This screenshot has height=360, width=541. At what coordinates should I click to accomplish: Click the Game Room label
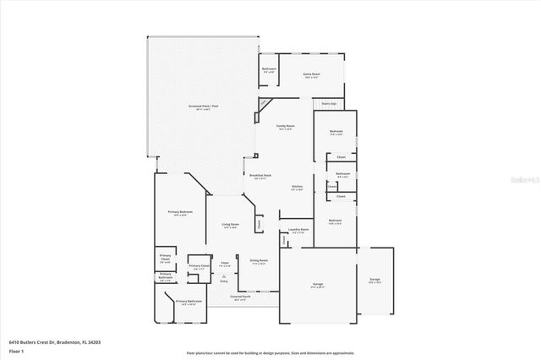pyautogui.click(x=312, y=74)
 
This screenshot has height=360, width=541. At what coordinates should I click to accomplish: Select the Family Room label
pyautogui.click(x=285, y=125)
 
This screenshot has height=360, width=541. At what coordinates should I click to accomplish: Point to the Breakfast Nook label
pyautogui.click(x=260, y=176)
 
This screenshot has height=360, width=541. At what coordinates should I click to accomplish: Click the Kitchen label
pyautogui.click(x=297, y=186)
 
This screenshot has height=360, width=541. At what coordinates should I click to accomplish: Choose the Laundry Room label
pyautogui.click(x=297, y=229)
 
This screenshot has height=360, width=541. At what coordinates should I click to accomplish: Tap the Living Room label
pyautogui.click(x=229, y=224)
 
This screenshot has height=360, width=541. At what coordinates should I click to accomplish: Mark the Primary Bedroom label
pyautogui.click(x=179, y=211)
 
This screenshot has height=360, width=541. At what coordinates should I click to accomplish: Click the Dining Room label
pyautogui.click(x=259, y=259)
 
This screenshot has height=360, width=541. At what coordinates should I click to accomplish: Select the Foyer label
pyautogui.click(x=225, y=264)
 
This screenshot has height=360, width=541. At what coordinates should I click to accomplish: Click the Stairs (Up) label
pyautogui.click(x=329, y=104)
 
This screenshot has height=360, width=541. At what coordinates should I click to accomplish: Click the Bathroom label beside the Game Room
pyautogui.click(x=269, y=68)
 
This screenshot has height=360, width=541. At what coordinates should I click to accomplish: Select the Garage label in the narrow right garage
pyautogui.click(x=374, y=279)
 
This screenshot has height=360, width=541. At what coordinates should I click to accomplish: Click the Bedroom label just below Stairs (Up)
pyautogui.click(x=336, y=131)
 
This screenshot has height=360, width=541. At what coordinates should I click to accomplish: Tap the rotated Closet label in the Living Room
pyautogui.click(x=258, y=224)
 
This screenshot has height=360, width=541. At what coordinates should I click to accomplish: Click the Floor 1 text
pyautogui.click(x=16, y=350)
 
